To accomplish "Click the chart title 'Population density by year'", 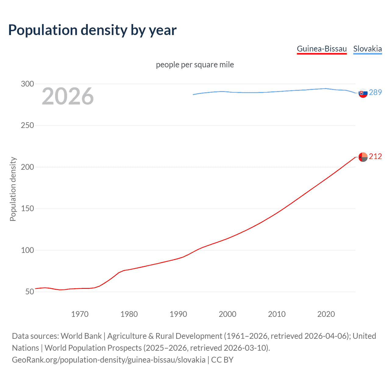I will (x=92, y=30).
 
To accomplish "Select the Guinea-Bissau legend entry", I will (x=322, y=49).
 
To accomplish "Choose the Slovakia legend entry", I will (x=367, y=49).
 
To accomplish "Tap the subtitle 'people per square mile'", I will (x=195, y=65).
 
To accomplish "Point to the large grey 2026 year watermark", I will (x=68, y=96).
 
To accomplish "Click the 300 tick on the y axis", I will (x=27, y=84).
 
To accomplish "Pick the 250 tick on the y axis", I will (x=27, y=125).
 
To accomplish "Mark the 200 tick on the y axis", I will (x=27, y=167).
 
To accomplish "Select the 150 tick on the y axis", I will (x=27, y=209).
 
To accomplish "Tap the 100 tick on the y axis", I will (x=27, y=250).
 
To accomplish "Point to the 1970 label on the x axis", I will (x=80, y=314).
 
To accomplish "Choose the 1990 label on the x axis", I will (x=178, y=314).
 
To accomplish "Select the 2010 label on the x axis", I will (x=277, y=314).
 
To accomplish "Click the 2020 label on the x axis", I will (x=326, y=314).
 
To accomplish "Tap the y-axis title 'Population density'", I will (x=13, y=189).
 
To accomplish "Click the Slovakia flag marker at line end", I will (x=363, y=93).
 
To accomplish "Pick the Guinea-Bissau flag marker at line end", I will (x=363, y=157).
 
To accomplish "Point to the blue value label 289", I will (x=375, y=92).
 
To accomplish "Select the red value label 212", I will (x=375, y=156).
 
